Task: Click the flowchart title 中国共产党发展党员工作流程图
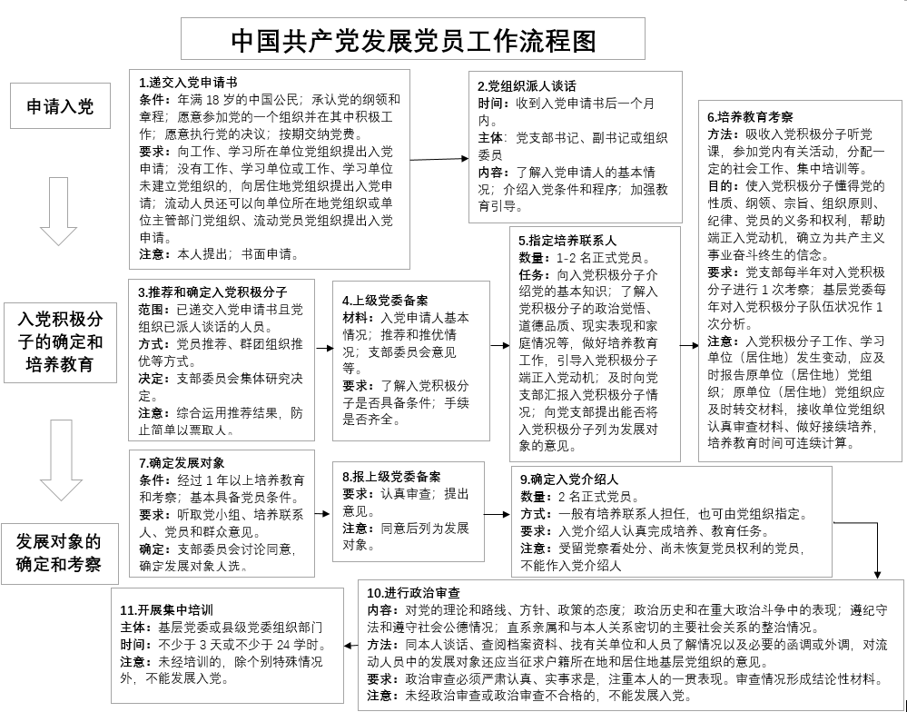[x=413, y=40]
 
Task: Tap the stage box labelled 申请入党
[x=59, y=108]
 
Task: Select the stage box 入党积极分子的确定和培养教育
[x=60, y=341]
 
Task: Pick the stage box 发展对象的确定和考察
[x=59, y=553]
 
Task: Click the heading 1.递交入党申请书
[x=189, y=82]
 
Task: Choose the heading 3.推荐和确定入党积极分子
[x=212, y=292]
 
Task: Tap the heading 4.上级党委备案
[x=386, y=300]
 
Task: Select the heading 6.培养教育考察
[x=750, y=116]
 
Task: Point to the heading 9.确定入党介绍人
[x=569, y=480]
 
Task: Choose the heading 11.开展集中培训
[x=167, y=609]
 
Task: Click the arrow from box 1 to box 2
[x=438, y=160]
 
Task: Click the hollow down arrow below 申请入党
[x=60, y=212]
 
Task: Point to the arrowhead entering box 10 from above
[x=877, y=574]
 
